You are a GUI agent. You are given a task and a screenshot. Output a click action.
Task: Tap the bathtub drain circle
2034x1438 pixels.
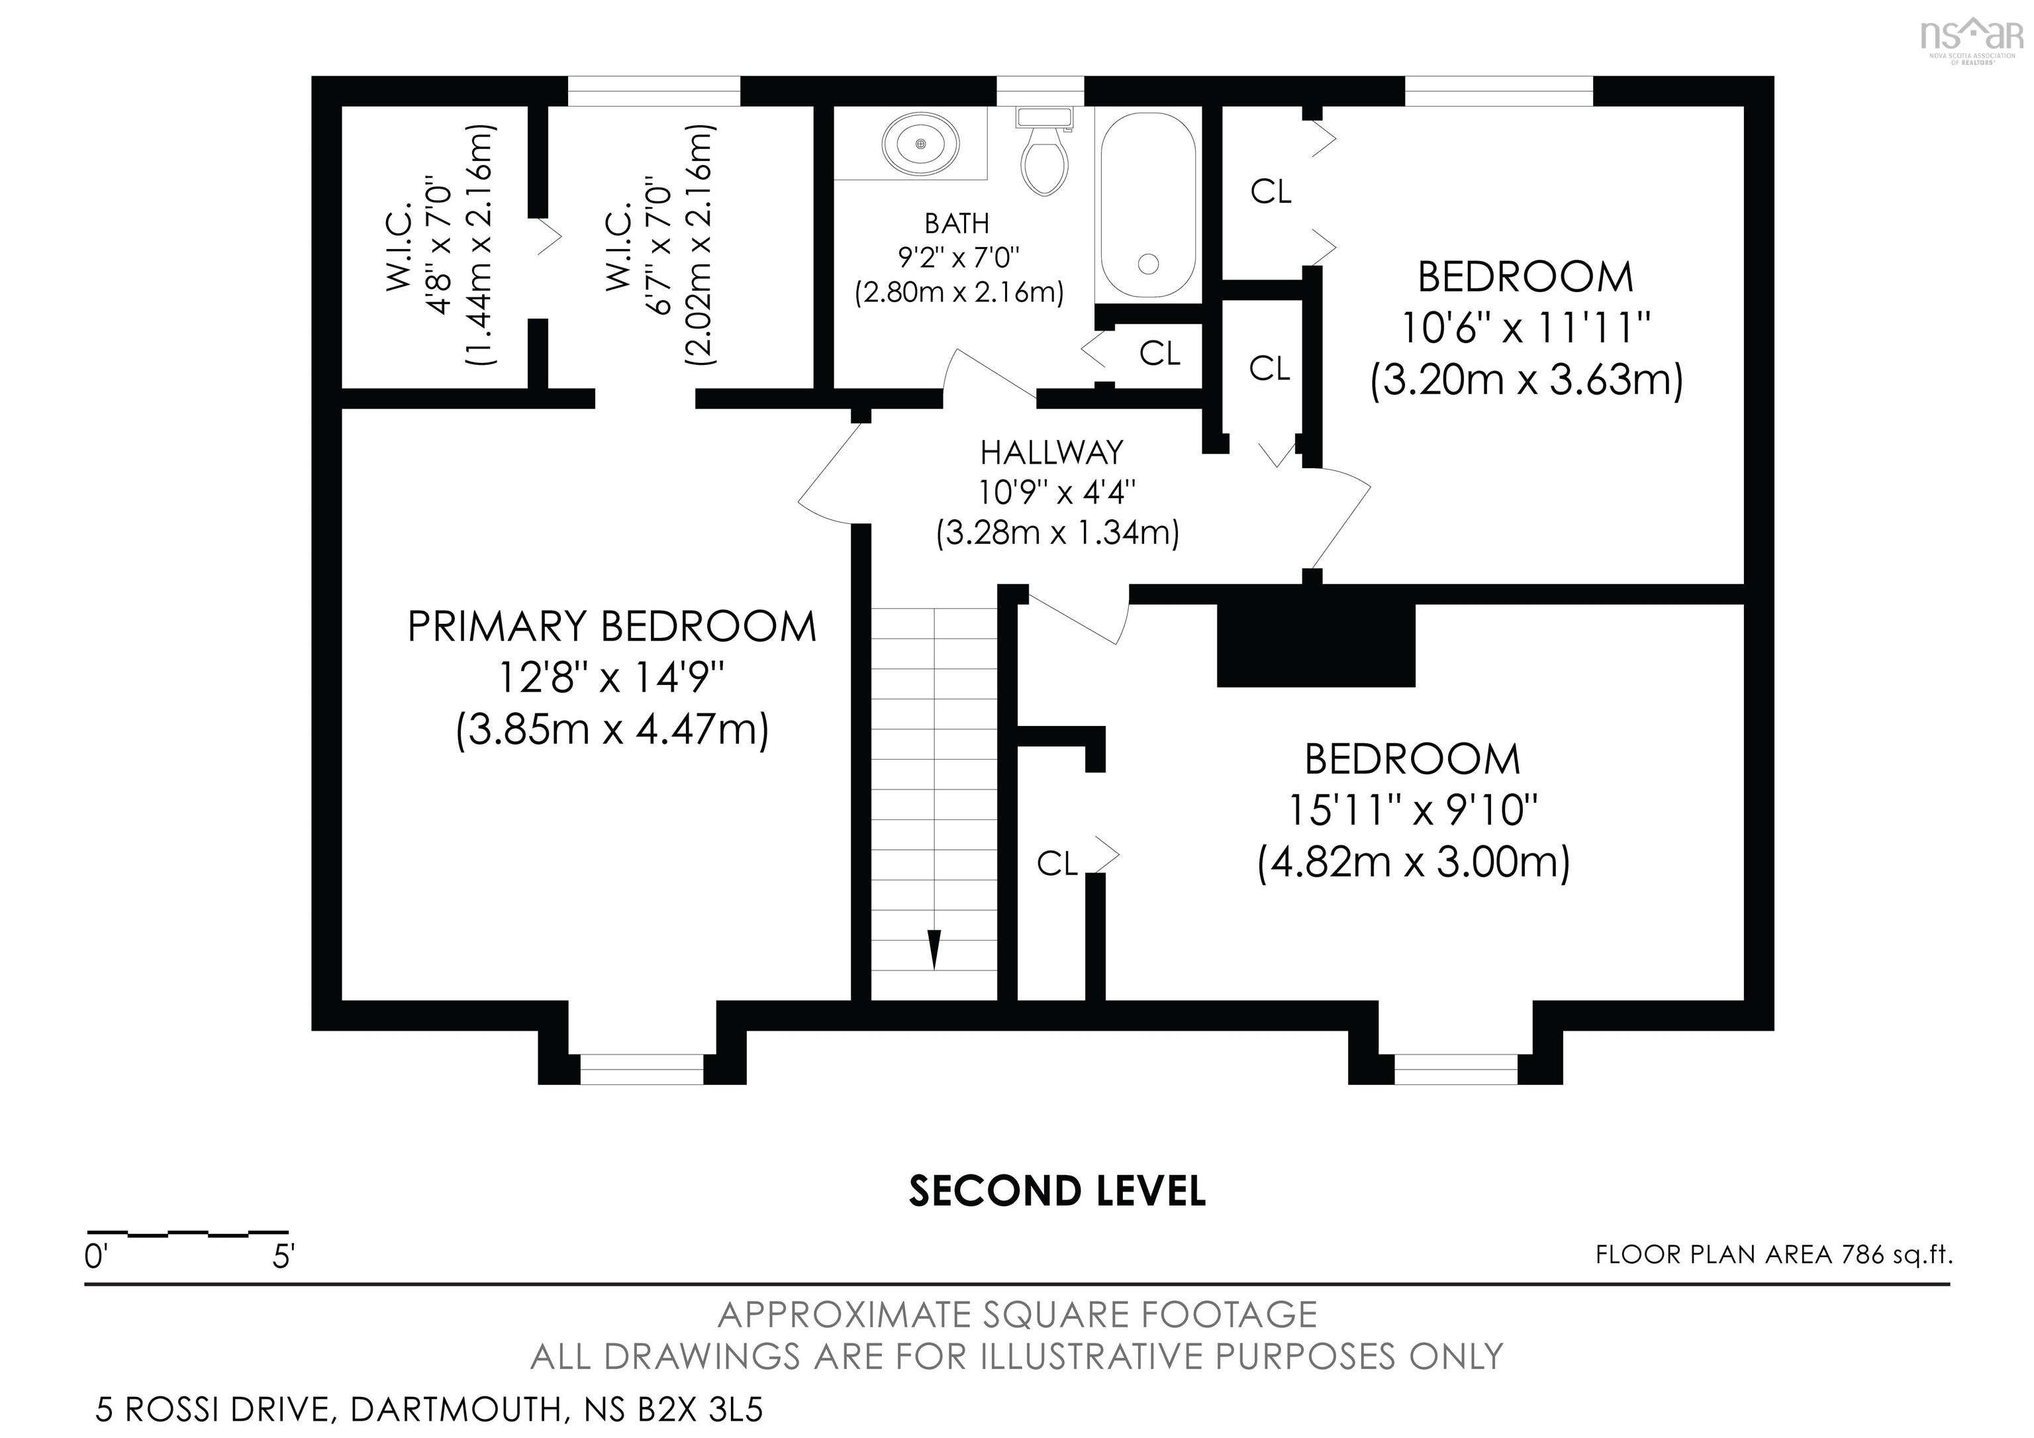(1149, 263)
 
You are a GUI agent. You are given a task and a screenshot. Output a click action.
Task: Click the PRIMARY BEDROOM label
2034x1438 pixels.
(611, 627)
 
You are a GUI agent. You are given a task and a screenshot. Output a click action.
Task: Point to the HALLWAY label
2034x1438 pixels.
(1051, 453)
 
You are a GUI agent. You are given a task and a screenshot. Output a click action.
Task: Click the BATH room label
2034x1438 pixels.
(957, 223)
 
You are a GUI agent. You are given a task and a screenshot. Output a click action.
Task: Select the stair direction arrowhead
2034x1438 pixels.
(934, 949)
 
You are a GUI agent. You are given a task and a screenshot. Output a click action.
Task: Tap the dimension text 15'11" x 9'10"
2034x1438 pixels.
(1412, 810)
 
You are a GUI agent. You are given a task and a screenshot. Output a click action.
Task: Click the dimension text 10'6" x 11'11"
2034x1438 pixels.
(1525, 329)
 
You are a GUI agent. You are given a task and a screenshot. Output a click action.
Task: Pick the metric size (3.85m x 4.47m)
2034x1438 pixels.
(612, 731)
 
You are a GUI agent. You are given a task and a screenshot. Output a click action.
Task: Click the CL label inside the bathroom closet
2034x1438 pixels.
(1159, 354)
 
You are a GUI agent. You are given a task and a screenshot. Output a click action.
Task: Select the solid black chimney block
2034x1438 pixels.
(1316, 645)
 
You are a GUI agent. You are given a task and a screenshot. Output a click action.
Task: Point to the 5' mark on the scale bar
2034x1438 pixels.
(283, 1257)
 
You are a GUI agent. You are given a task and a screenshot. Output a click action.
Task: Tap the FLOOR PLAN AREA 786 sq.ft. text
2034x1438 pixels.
(1774, 1255)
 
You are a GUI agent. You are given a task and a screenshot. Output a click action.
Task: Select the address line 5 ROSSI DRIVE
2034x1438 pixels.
(429, 1410)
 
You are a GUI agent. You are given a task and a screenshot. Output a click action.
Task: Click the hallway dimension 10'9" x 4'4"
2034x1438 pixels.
(1057, 491)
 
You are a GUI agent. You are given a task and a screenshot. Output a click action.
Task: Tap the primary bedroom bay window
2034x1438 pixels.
(642, 1070)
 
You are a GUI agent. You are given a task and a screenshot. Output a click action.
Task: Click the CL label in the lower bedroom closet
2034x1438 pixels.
(1057, 863)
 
